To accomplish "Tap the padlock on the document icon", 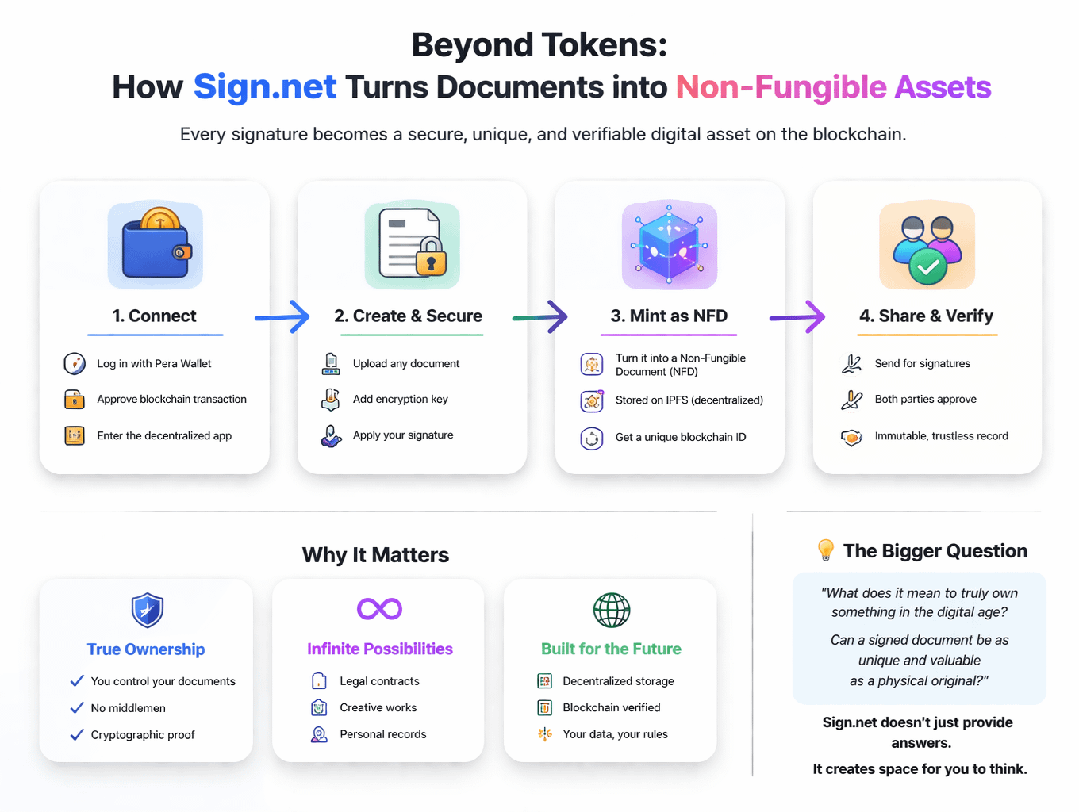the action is tap(431, 257).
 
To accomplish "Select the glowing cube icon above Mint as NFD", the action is tap(669, 245).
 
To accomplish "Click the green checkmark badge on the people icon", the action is tap(927, 267).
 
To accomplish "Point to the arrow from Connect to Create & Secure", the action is tap(282, 317).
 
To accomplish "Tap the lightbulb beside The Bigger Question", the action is tap(825, 550).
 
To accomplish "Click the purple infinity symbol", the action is tap(379, 608).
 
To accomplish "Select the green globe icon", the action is tap(612, 610).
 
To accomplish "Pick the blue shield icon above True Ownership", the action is tap(147, 610).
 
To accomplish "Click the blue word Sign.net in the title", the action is tap(265, 87).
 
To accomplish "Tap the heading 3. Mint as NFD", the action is tap(669, 316).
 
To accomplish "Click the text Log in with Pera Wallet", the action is tap(154, 363).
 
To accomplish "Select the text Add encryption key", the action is tap(400, 399).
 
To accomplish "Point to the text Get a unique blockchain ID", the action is tap(680, 437).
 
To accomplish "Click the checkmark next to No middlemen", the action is tap(77, 707).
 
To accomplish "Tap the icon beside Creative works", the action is tap(319, 707).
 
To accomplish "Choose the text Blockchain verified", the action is tap(611, 707).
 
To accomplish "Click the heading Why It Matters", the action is tap(375, 555).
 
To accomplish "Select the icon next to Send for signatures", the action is tap(851, 363).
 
